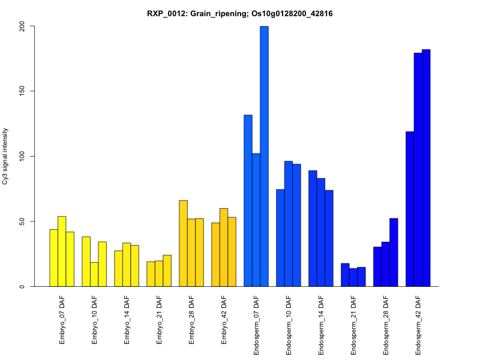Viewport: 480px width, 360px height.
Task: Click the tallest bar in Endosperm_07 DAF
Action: pos(264,156)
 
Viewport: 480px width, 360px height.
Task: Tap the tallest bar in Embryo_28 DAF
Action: pos(183,243)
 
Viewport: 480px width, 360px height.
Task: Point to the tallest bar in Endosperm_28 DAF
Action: pos(394,252)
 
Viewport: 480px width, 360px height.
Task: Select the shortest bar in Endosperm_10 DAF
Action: pos(280,238)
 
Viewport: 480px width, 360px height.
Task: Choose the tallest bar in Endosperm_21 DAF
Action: pos(345,275)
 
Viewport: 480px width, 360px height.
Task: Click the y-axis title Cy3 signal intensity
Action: pos(5,156)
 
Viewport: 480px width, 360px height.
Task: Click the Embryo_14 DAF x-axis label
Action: pos(127,319)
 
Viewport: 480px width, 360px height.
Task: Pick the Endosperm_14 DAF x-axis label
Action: pos(321,324)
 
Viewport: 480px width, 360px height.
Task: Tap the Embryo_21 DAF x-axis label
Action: pos(159,319)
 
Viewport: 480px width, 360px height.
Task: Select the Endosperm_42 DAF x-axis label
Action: pos(418,324)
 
